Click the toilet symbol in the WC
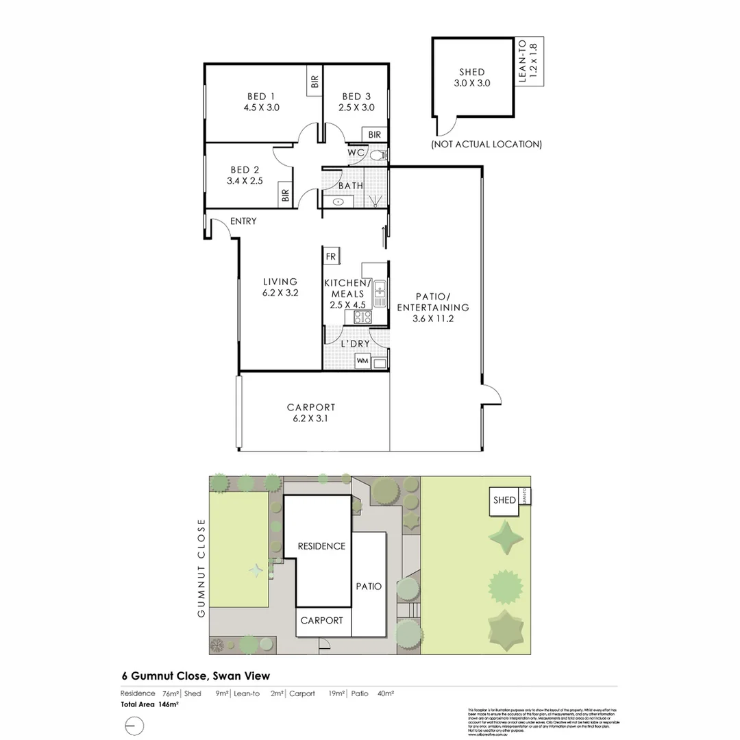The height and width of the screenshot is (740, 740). tap(376, 156)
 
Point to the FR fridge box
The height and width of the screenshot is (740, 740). tap(331, 256)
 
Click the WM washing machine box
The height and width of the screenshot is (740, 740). tap(362, 360)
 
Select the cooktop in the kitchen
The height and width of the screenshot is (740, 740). tap(363, 317)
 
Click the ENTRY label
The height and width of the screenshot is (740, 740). tap(243, 221)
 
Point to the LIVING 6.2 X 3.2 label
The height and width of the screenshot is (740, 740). tap(280, 286)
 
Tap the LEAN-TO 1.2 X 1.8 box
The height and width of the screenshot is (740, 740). tap(530, 62)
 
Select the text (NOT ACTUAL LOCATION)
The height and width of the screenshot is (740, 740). tap(486, 145)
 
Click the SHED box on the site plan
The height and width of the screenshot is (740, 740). tap(504, 500)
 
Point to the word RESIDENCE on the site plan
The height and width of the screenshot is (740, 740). tap(321, 546)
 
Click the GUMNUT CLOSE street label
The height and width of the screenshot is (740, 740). tap(201, 567)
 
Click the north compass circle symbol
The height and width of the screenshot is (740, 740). tap(135, 725)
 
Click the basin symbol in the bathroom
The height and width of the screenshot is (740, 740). tap(338, 202)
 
